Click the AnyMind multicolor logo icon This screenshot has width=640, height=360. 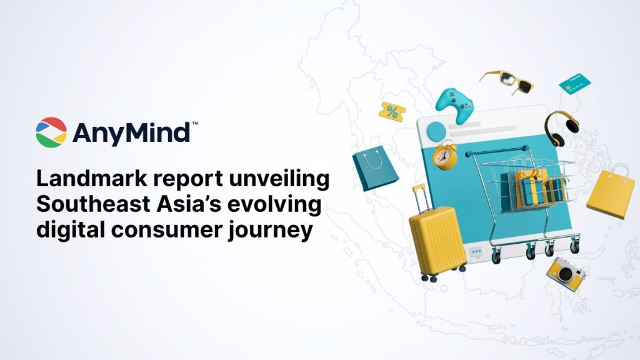click(51, 132)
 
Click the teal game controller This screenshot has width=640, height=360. click(454, 104)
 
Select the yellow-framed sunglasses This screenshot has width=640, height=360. click(507, 82)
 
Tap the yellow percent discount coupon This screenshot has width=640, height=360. click(392, 112)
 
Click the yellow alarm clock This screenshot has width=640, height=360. click(446, 156)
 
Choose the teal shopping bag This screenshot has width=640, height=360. click(375, 169)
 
